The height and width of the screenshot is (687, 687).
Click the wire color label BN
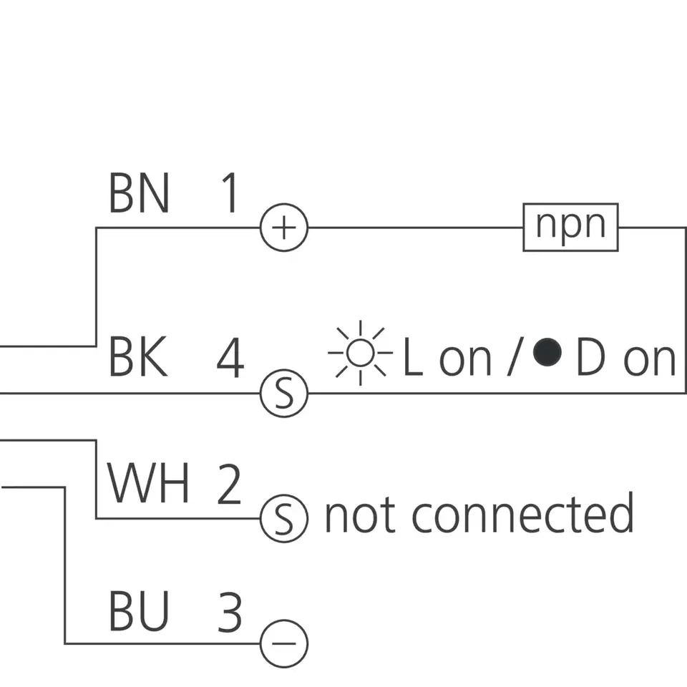tap(139, 194)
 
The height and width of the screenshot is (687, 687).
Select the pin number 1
tap(229, 194)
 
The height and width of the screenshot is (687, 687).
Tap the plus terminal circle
tap(283, 228)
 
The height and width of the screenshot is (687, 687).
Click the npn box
tap(570, 228)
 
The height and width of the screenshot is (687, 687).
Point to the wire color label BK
tap(139, 359)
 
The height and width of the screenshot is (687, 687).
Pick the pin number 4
tap(230, 359)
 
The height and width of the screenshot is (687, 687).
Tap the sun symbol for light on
tap(361, 352)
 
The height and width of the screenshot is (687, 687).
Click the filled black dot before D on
tap(549, 352)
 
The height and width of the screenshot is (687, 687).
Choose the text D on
tap(625, 359)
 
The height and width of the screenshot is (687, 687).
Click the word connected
tap(522, 513)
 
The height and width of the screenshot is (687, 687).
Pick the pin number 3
tap(230, 613)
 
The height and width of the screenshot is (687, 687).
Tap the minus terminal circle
tap(283, 643)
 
